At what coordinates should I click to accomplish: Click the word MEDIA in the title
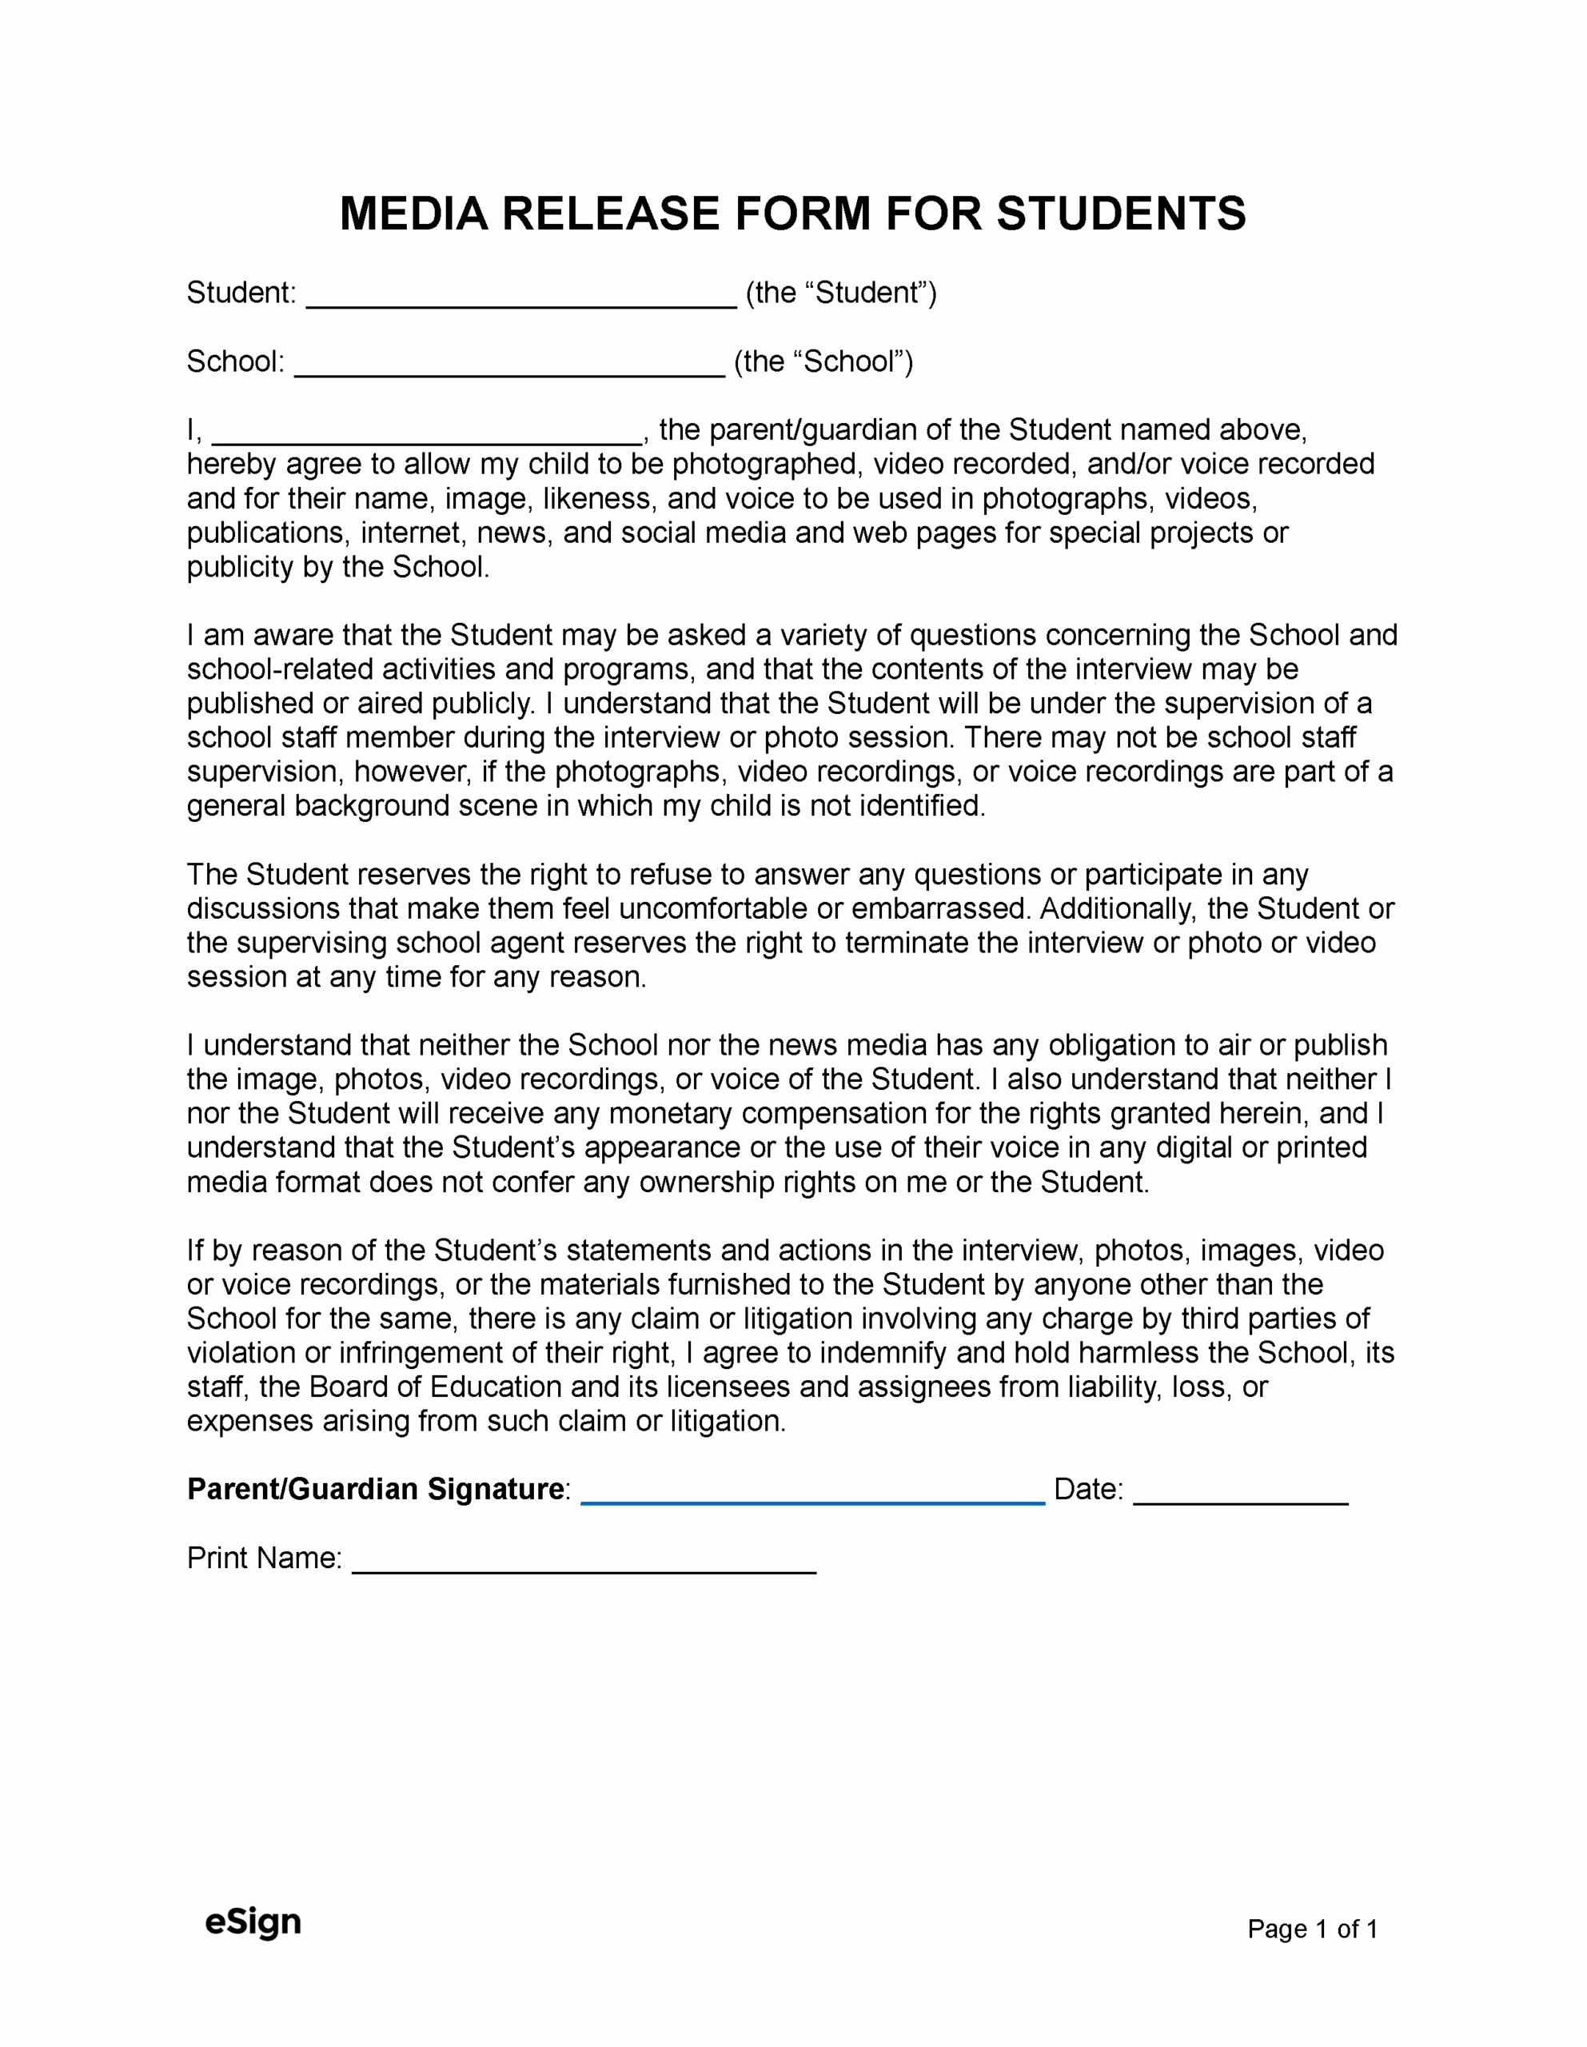(x=413, y=213)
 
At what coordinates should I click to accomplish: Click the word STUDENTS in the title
(x=1121, y=213)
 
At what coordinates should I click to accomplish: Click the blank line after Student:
(x=521, y=298)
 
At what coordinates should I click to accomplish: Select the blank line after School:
(x=509, y=367)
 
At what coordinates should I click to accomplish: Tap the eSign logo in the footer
(x=253, y=1921)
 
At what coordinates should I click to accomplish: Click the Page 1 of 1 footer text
(x=1311, y=1928)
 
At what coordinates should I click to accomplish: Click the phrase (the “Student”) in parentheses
(x=841, y=293)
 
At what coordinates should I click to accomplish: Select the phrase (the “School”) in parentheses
(x=823, y=361)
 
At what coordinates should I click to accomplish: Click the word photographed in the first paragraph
(x=765, y=464)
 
